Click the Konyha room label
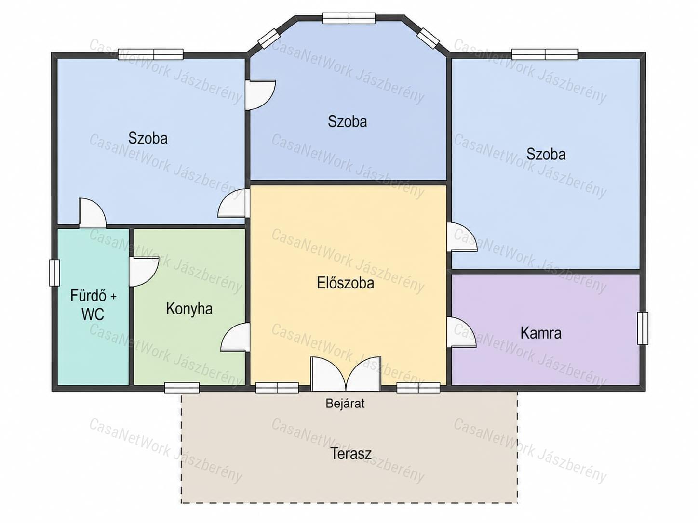coord(189,309)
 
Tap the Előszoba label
coord(345,283)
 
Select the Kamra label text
coord(540,333)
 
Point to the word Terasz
coord(351,453)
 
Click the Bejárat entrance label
coord(345,404)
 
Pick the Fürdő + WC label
coord(93,305)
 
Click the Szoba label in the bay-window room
coord(347,122)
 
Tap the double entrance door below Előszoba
coord(346,374)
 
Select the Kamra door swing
coord(461,332)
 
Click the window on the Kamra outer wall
coord(643,328)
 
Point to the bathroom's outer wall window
coord(54,273)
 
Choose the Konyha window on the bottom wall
coord(182,388)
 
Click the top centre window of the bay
coord(349,18)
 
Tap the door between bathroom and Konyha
coord(144,272)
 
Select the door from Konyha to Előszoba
coord(235,337)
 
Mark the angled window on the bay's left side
coord(268,39)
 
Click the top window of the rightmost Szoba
coord(545,54)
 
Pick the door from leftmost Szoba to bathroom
coord(92,213)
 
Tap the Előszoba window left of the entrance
coord(277,388)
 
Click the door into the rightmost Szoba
coord(462,237)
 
